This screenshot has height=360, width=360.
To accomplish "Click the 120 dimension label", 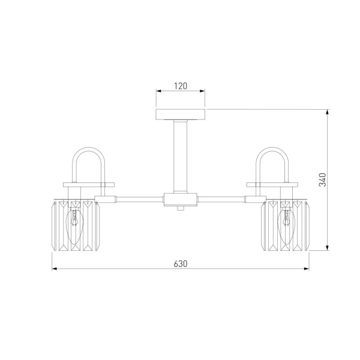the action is (x=181, y=86).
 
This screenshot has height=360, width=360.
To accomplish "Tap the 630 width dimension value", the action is (x=181, y=264).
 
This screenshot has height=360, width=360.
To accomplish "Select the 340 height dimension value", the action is (x=323, y=180).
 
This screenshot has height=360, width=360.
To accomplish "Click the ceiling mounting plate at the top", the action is (x=181, y=115).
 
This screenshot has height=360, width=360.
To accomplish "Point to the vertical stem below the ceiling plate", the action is (x=181, y=157).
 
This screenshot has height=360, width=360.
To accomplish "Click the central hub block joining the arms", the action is (x=181, y=200).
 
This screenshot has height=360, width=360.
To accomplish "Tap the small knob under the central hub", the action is (x=181, y=208).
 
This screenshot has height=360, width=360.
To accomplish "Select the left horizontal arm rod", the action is (x=140, y=200).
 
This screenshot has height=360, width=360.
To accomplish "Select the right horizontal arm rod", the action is (x=221, y=200).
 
